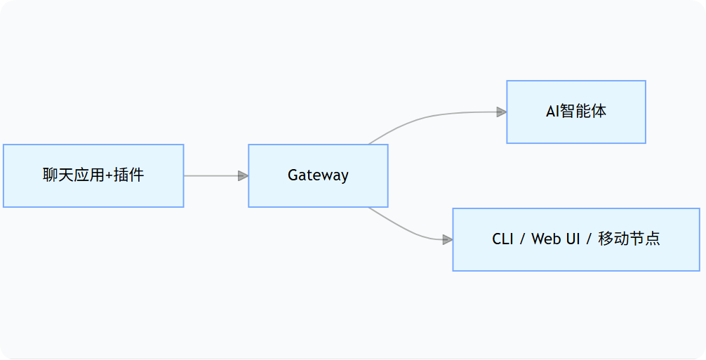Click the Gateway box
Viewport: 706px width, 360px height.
[x=318, y=175]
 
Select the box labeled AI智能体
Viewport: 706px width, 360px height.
[x=575, y=112]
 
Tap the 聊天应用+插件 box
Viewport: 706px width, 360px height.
[x=93, y=175]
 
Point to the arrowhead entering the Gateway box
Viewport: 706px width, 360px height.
[x=243, y=175]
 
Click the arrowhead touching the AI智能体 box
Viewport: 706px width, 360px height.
[x=501, y=112]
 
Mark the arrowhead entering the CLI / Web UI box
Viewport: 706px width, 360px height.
[x=447, y=239]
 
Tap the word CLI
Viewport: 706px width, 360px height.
[x=503, y=239]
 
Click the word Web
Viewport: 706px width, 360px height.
[x=546, y=239]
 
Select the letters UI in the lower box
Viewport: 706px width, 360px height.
[x=573, y=239]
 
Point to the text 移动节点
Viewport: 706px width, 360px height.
[x=629, y=239]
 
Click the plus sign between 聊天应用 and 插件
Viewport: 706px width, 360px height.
[x=109, y=175]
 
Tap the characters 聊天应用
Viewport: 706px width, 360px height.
[x=73, y=175]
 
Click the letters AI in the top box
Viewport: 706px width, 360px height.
[x=552, y=112]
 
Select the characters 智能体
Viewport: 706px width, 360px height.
[x=582, y=112]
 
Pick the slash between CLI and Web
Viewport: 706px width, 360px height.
[x=521, y=239]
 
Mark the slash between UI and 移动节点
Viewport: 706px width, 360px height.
[x=588, y=239]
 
